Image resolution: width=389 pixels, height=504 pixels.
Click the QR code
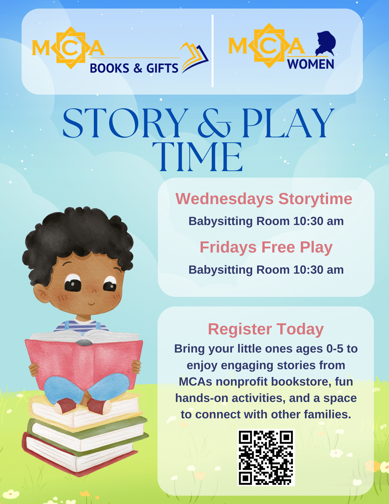tap(266, 458)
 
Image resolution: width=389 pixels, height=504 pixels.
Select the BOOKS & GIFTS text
tap(134, 68)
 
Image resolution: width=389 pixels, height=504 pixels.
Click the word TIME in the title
tap(197, 157)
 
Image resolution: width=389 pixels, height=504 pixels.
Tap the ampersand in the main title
tap(214, 123)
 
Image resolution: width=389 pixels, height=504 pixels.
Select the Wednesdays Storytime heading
tap(264, 199)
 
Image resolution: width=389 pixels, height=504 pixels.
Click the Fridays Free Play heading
tap(266, 247)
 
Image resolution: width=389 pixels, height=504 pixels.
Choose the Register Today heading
tap(266, 329)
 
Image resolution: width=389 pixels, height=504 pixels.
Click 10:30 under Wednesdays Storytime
tap(308, 221)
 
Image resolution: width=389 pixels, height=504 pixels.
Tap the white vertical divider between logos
tap(213, 51)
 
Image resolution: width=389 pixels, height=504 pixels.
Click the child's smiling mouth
tap(92, 304)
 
